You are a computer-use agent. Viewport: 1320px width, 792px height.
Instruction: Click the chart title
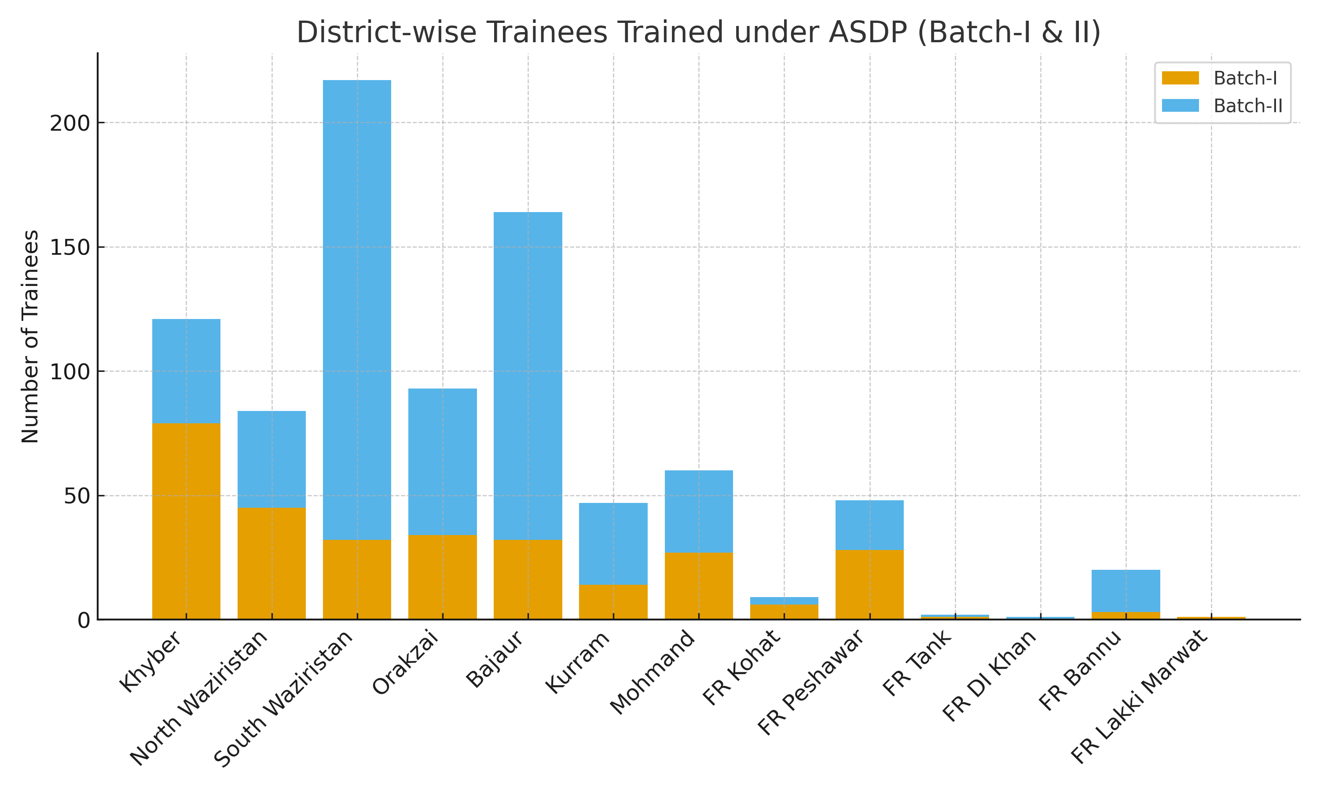(698, 32)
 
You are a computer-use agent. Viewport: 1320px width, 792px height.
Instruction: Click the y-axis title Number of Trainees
(30, 336)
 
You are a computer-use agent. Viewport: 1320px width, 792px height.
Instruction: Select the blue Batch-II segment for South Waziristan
(357, 310)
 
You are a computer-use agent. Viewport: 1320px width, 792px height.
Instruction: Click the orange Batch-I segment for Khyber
(186, 521)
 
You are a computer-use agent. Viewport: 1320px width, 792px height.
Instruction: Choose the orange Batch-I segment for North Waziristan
(271, 563)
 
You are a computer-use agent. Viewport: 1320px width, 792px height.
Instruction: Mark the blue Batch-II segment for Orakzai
(442, 462)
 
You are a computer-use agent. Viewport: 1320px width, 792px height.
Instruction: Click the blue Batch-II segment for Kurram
(613, 543)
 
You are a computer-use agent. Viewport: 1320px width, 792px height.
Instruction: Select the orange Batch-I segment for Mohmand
(698, 586)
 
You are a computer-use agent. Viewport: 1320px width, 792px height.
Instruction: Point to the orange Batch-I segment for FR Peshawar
(869, 584)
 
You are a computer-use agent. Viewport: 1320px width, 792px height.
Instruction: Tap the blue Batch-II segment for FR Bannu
(1126, 591)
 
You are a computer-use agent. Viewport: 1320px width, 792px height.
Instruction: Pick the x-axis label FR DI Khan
(990, 676)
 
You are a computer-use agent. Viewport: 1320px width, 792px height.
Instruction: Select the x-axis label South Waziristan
(284, 699)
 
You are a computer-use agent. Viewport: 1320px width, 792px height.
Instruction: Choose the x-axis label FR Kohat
(742, 668)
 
